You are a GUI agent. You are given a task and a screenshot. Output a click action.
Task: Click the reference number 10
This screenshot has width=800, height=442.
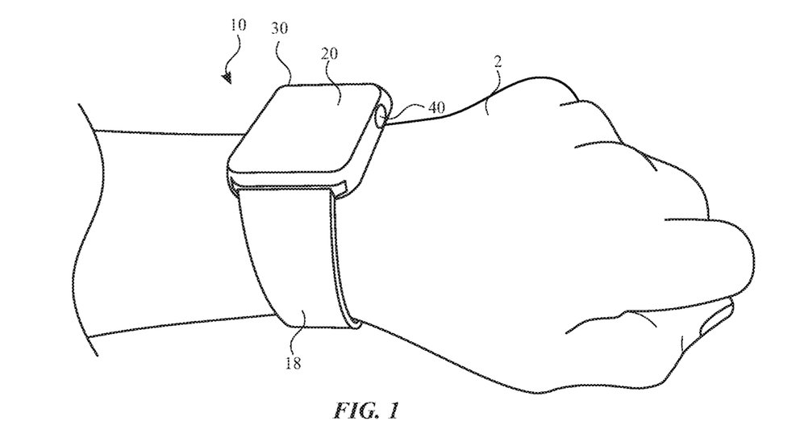tap(238, 24)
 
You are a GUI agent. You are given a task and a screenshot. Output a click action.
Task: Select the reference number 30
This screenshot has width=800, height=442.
tap(279, 28)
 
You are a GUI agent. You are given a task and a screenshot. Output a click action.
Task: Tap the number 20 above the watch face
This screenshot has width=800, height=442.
tap(329, 53)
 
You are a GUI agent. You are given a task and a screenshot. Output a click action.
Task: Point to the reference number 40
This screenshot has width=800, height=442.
tap(436, 107)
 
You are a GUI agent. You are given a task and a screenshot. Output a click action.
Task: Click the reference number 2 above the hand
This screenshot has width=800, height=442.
tap(498, 62)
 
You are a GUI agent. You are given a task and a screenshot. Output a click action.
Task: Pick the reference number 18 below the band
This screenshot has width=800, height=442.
tap(293, 363)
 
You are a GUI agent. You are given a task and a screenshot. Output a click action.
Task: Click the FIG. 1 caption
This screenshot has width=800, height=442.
tap(366, 411)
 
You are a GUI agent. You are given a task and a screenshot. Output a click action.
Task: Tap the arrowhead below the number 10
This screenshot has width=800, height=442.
tap(227, 78)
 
